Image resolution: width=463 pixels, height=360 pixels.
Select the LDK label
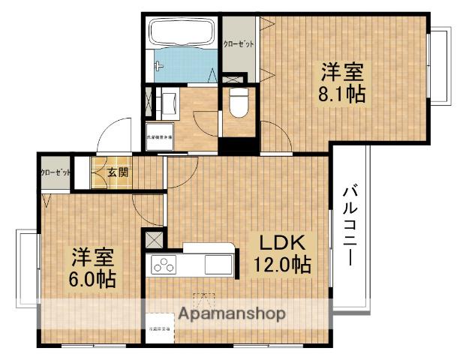281,243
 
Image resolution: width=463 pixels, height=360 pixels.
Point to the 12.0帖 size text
281,264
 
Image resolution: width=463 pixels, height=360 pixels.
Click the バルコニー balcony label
350,224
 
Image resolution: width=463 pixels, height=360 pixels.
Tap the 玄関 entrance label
117,173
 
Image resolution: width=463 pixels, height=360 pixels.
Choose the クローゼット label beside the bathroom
238,44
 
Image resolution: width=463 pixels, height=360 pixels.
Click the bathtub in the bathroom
182,34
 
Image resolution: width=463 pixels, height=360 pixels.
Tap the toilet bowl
239,103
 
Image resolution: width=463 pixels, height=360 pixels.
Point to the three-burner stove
163,264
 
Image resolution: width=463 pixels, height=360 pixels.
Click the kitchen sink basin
218,264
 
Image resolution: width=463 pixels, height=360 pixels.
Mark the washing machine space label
160,139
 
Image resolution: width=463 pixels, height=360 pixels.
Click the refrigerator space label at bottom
158,328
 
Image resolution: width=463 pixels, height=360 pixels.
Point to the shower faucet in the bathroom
158,66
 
